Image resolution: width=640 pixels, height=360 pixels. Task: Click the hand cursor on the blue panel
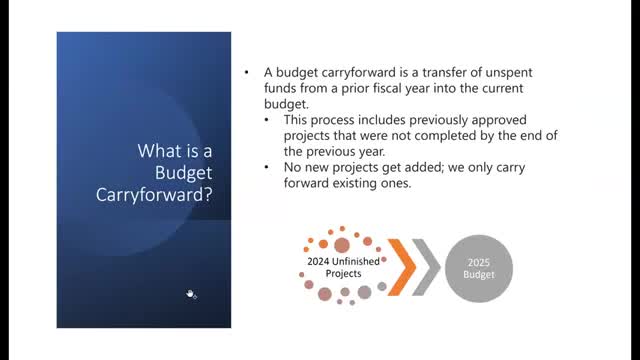coord(191,293)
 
